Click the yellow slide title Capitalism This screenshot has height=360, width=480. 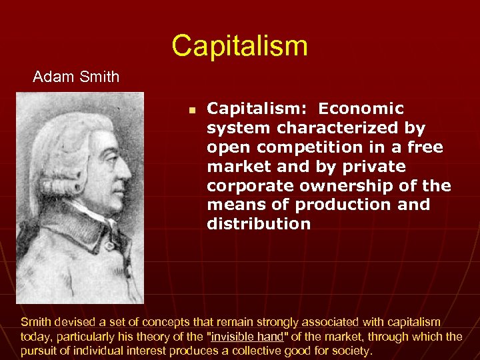239,45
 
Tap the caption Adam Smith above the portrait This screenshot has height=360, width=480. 76,77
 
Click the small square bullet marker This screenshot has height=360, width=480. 191,109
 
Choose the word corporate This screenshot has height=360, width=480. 247,185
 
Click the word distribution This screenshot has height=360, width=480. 259,224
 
